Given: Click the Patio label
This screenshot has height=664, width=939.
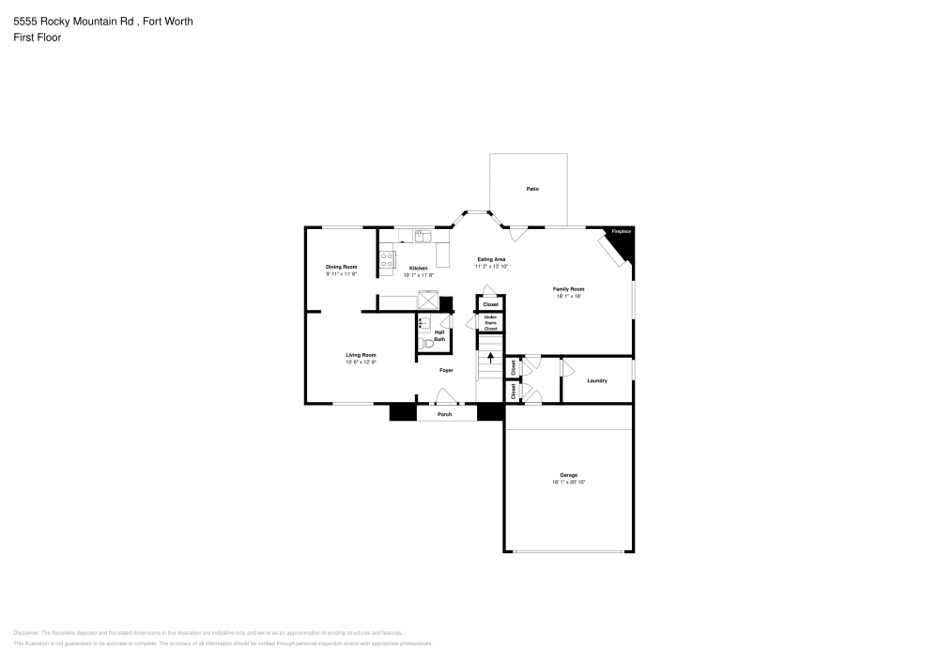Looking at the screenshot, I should [x=532, y=190].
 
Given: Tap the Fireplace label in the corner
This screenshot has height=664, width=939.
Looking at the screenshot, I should [x=622, y=231].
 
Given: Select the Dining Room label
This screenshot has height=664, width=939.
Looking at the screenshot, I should [x=342, y=267].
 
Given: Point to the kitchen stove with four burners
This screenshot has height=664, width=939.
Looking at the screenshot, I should [x=386, y=260].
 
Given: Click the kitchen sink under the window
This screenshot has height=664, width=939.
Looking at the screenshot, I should [x=423, y=235].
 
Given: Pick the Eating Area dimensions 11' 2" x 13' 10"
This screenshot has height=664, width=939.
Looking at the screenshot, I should [x=491, y=267].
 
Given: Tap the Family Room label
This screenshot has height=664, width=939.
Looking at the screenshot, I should [x=569, y=289].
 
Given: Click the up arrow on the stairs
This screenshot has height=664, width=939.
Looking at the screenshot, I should [x=490, y=356].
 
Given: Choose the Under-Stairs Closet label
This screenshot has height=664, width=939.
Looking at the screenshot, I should [x=490, y=323].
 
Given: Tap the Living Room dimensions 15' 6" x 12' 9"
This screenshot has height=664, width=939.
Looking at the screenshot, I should [x=361, y=363].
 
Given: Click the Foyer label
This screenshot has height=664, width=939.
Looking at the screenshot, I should [x=446, y=370].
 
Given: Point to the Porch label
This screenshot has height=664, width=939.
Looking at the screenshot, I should [x=445, y=414].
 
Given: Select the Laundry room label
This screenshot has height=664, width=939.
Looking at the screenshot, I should [x=596, y=380].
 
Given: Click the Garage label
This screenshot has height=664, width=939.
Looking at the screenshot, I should [x=569, y=475].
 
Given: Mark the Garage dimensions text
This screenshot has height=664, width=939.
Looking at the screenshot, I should [x=569, y=482].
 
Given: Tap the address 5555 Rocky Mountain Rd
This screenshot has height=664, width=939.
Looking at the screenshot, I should [x=71, y=21].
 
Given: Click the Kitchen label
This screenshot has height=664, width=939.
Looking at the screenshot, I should [x=418, y=268].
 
